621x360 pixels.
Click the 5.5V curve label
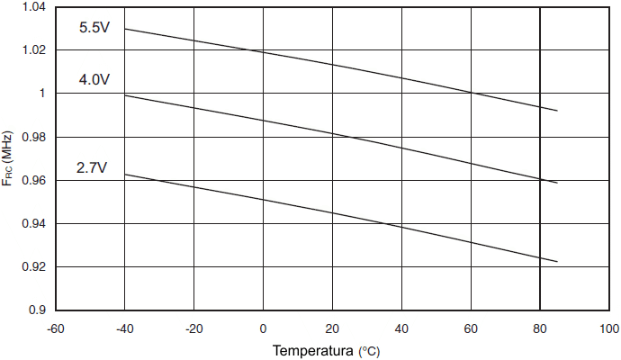coord(94,27)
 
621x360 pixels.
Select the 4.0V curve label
coord(94,80)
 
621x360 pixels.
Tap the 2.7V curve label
coord(92,167)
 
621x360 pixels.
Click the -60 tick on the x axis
coord(55,328)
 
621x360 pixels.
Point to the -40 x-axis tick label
coord(124,328)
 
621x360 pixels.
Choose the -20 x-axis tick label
coord(193,328)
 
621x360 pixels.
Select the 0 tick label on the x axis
coord(263,328)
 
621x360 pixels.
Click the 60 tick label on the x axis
coord(471,328)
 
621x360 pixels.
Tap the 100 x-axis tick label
coord(609,328)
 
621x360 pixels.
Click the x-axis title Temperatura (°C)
coord(327,350)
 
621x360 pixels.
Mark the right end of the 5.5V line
coord(558,111)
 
